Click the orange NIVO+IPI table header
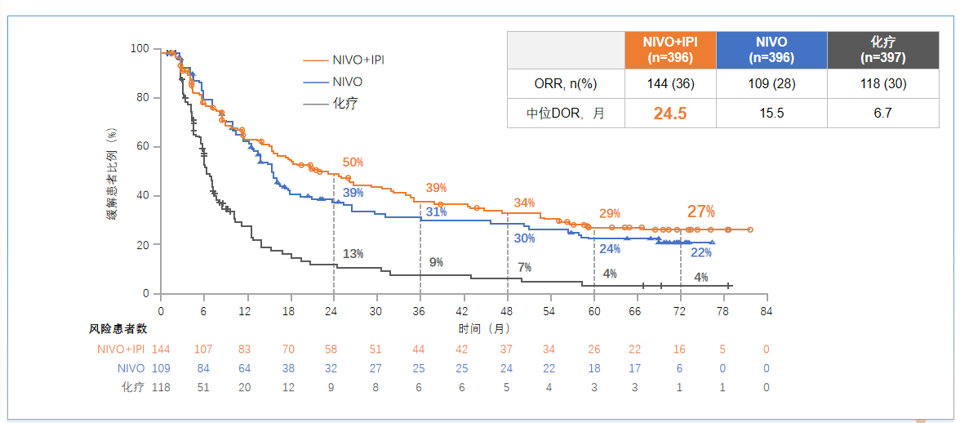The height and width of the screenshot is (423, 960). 669,49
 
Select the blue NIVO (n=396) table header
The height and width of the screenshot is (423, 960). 771,49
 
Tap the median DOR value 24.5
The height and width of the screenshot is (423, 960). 669,114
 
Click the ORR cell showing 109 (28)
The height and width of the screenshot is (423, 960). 771,83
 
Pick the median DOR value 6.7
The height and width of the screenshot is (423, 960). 882,114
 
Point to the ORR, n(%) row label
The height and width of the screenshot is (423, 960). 565,83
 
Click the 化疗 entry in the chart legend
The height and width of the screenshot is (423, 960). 344,104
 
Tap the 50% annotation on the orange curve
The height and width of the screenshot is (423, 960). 353,163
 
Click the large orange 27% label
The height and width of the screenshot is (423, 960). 700,211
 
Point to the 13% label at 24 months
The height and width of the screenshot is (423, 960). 353,254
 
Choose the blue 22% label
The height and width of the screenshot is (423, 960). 700,252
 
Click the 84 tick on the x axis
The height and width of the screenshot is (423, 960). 767,311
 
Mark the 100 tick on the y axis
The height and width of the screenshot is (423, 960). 140,49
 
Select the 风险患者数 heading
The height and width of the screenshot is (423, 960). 118,328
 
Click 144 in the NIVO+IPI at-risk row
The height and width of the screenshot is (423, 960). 162,350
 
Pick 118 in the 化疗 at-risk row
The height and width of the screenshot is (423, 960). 162,387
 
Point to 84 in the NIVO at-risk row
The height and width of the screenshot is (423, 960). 203,368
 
